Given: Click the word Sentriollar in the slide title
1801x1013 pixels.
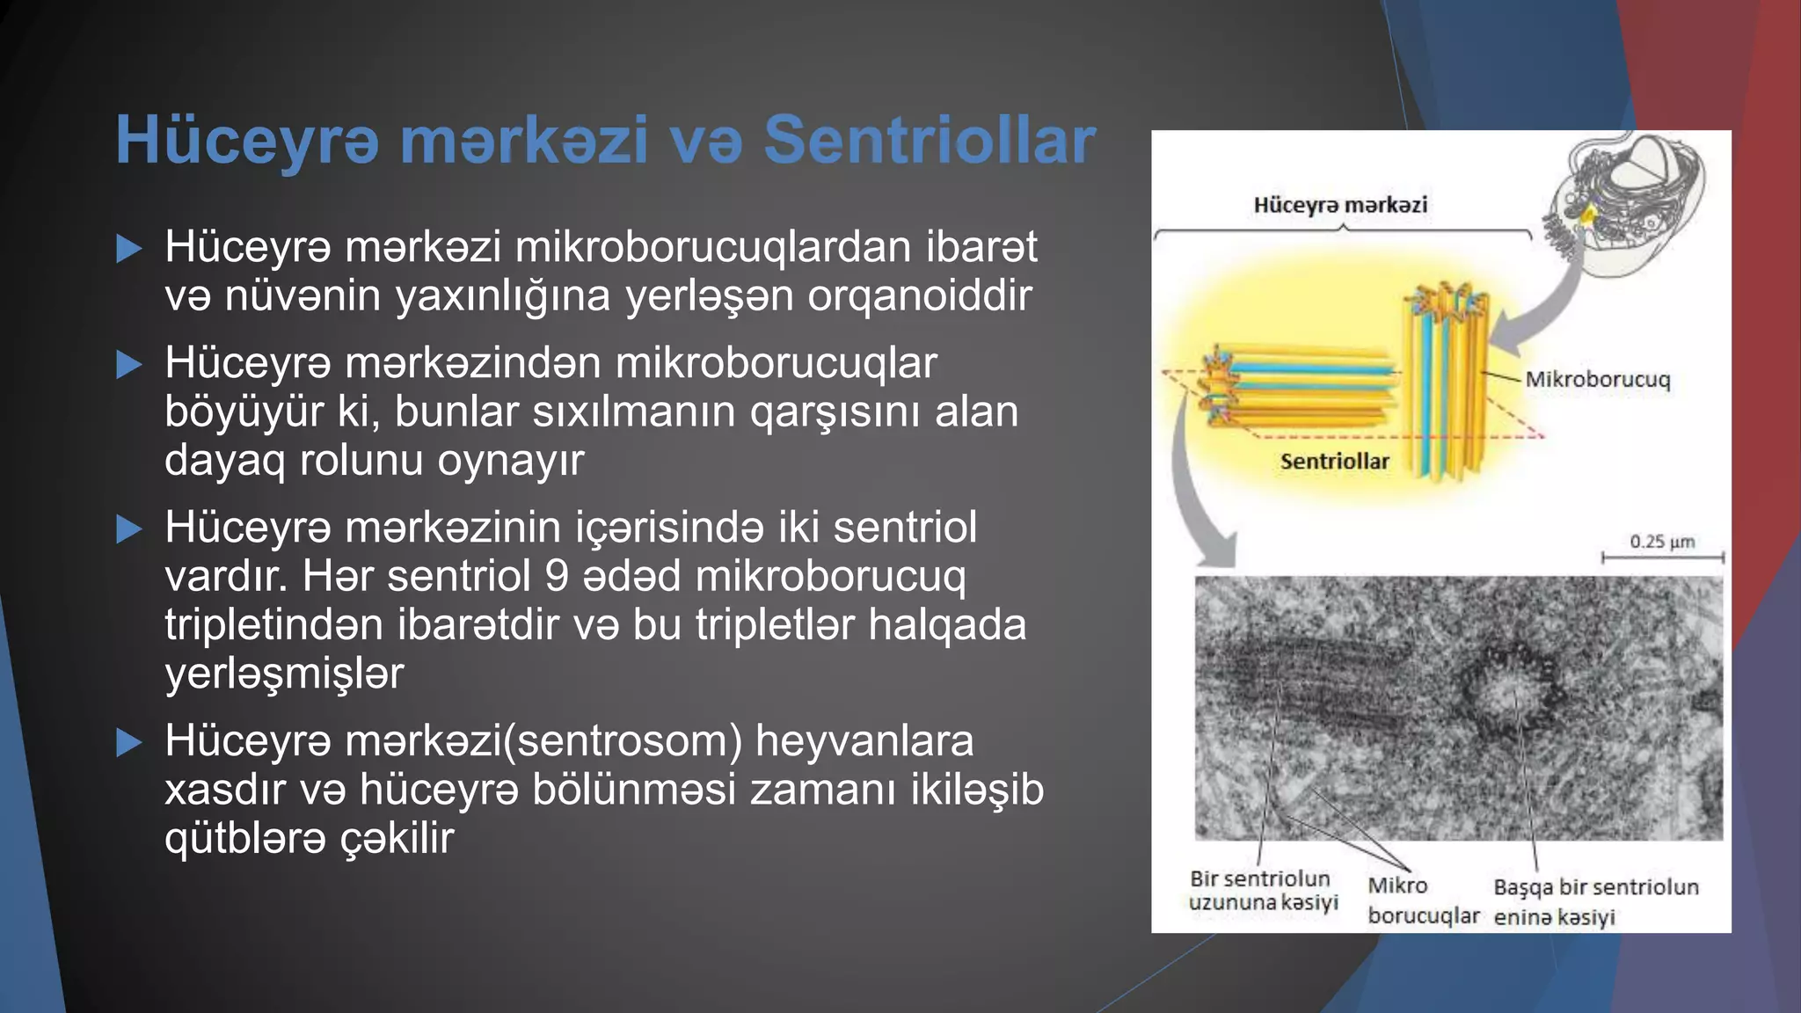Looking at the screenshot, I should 930,141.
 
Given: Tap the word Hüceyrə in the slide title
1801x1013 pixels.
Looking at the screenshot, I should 247,141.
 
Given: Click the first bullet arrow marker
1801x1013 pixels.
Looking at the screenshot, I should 129,249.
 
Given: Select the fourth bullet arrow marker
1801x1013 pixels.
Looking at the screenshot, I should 129,743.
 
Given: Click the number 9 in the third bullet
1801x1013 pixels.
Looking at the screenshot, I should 557,577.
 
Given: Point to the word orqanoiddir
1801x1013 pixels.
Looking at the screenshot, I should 919,295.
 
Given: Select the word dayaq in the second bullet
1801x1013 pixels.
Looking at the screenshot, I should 224,460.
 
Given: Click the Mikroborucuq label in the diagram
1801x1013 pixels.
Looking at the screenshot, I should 1597,380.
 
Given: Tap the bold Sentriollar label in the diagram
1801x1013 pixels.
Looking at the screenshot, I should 1334,462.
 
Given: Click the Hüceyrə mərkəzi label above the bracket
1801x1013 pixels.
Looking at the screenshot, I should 1340,205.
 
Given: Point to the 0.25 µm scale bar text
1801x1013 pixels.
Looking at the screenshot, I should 1662,542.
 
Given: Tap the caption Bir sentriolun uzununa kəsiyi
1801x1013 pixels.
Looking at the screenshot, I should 1262,890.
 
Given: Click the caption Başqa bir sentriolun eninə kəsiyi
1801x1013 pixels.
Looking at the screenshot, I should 1595,901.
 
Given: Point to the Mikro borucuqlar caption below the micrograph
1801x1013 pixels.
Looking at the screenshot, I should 1422,901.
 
